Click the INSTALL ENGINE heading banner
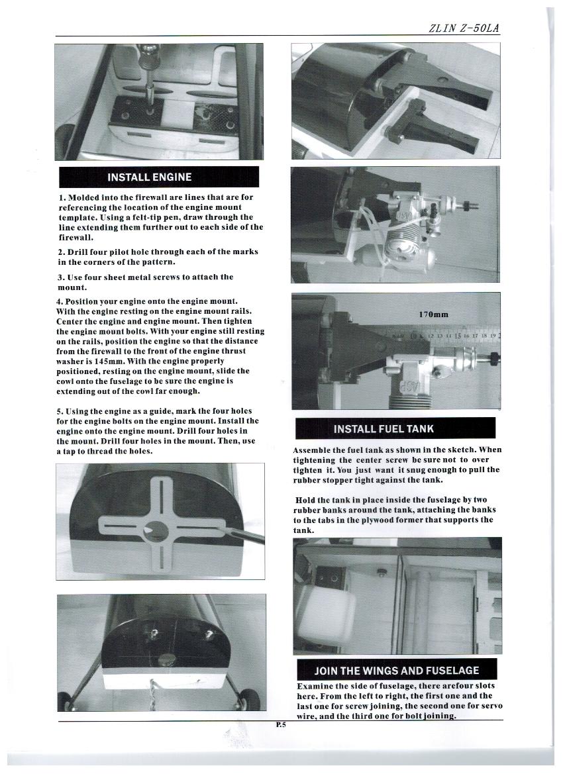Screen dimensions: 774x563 [158, 177]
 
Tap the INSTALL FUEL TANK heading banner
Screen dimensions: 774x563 [384, 429]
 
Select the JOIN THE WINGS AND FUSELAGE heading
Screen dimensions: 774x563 [396, 670]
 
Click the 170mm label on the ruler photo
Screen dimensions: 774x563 [434, 314]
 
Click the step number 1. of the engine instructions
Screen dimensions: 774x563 [62, 197]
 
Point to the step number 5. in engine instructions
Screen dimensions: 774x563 [61, 411]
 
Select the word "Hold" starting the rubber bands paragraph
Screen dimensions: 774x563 [306, 500]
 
